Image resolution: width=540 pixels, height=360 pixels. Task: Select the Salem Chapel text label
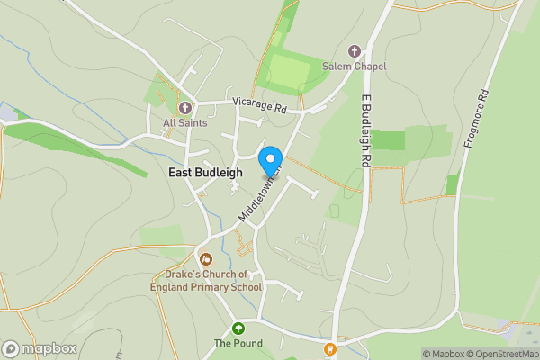click(355, 67)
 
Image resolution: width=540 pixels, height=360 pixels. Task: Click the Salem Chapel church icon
click(354, 50)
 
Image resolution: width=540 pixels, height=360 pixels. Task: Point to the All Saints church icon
click(185, 107)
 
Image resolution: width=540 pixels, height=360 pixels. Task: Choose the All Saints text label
click(185, 122)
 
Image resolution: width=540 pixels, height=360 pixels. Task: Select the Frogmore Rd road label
click(476, 119)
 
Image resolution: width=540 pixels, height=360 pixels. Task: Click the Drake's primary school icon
click(206, 258)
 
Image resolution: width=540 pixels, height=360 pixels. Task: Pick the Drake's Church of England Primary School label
click(206, 280)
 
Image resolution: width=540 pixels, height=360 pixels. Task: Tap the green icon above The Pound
click(238, 328)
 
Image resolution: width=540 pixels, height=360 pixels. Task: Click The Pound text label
click(238, 343)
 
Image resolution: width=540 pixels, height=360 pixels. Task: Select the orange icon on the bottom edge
click(330, 348)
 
